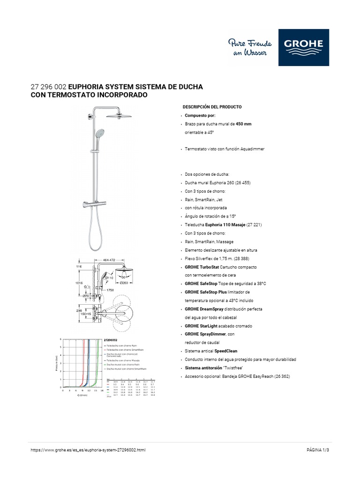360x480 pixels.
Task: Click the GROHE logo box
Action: coord(303,47)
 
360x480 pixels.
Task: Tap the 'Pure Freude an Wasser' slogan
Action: coord(248,47)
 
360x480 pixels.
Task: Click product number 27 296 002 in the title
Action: coord(48,87)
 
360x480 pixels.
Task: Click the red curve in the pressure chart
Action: coord(83,366)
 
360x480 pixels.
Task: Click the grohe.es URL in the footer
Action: coord(88,450)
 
